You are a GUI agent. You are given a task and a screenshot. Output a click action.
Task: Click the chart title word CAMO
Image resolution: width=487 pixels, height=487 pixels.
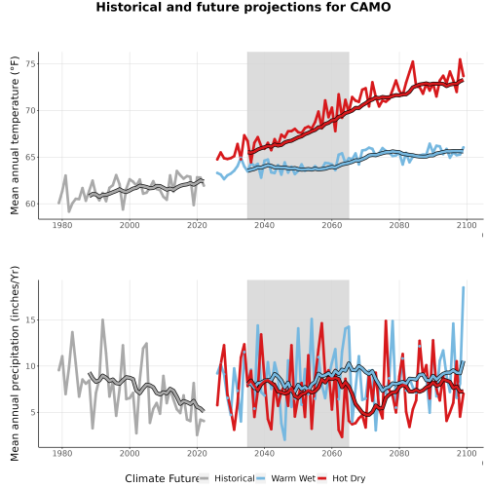pyautogui.click(x=370, y=7)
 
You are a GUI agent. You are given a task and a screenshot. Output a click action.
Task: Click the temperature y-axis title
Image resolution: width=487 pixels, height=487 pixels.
pyautogui.click(x=15, y=135)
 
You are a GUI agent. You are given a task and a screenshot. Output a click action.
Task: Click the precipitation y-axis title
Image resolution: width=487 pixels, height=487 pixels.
pyautogui.click(x=15, y=363)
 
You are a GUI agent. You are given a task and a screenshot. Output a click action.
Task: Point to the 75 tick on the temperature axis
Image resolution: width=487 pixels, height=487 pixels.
pyautogui.click(x=30, y=64)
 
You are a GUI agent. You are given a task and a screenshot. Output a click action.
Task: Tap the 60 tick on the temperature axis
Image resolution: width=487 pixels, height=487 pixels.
pyautogui.click(x=30, y=204)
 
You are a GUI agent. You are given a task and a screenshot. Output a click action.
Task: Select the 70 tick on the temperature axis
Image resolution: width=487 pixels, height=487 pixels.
pyautogui.click(x=30, y=111)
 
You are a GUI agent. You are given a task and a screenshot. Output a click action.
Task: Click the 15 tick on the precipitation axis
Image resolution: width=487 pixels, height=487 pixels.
pyautogui.click(x=30, y=319)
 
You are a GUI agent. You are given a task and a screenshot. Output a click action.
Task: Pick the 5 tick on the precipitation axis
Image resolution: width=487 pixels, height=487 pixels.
pyautogui.click(x=33, y=412)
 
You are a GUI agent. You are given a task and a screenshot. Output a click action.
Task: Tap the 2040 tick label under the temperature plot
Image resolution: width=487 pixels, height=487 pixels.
pyautogui.click(x=264, y=225)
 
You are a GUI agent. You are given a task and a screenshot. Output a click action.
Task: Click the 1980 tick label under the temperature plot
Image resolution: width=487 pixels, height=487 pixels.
pyautogui.click(x=62, y=225)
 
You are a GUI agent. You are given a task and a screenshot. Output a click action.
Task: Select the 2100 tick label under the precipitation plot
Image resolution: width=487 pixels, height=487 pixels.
pyautogui.click(x=467, y=453)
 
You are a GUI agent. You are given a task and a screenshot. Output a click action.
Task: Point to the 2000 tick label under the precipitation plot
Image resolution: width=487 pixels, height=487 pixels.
pyautogui.click(x=130, y=453)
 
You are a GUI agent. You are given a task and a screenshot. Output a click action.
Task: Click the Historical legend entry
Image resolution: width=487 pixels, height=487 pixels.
pyautogui.click(x=227, y=478)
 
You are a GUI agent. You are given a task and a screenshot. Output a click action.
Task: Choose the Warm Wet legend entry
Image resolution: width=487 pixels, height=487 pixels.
pyautogui.click(x=285, y=478)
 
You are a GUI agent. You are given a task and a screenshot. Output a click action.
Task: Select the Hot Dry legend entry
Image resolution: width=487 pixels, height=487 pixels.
pyautogui.click(x=341, y=478)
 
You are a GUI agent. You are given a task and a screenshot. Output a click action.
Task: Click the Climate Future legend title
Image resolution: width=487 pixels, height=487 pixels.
pyautogui.click(x=162, y=478)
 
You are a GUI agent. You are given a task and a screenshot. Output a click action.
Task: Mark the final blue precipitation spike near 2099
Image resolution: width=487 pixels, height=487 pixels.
pyautogui.click(x=464, y=287)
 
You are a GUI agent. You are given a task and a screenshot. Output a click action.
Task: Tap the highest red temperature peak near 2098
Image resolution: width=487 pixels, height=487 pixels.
pyautogui.click(x=460, y=59)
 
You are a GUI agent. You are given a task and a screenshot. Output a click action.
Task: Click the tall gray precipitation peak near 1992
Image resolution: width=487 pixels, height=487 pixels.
pyautogui.click(x=102, y=319)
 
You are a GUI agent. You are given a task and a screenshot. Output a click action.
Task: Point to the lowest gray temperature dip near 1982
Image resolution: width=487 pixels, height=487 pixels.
pyautogui.click(x=69, y=211)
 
